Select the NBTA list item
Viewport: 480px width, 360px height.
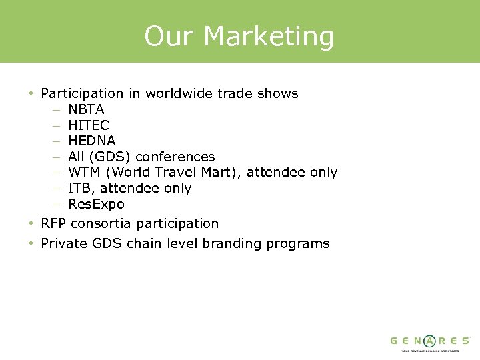click(x=86, y=109)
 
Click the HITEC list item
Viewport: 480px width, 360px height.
click(x=89, y=125)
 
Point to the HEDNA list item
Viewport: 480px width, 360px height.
click(x=92, y=141)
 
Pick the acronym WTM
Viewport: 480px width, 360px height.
click(x=84, y=173)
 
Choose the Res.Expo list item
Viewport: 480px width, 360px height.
click(x=96, y=204)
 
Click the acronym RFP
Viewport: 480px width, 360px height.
click(x=54, y=223)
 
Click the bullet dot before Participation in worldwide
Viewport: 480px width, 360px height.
click(x=31, y=94)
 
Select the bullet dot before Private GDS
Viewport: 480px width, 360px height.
click(x=31, y=244)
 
